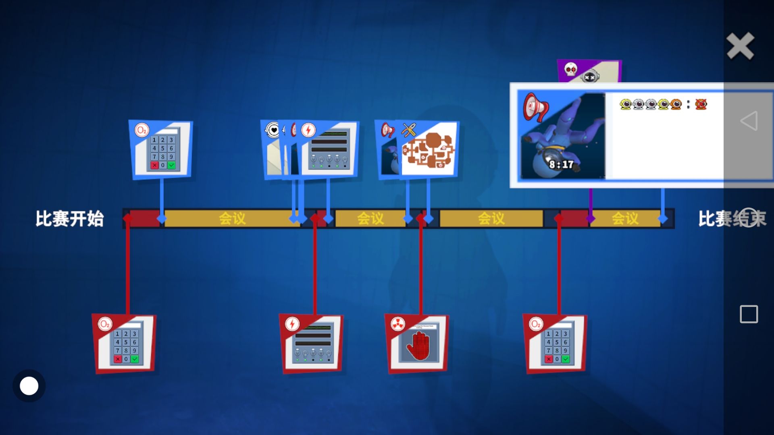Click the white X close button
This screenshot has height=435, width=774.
pyautogui.click(x=740, y=46)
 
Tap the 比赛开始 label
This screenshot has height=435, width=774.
pyautogui.click(x=70, y=219)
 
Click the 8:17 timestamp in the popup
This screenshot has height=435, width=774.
pyautogui.click(x=561, y=164)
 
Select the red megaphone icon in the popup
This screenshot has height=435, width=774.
pyautogui.click(x=535, y=107)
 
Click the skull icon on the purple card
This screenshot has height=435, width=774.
pyautogui.click(x=570, y=69)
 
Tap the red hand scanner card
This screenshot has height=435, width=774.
pyautogui.click(x=418, y=344)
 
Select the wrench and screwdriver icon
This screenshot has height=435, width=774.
pyautogui.click(x=409, y=130)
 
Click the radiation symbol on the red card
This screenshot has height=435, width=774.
pyautogui.click(x=397, y=324)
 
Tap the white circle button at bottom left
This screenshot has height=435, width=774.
pyautogui.click(x=29, y=386)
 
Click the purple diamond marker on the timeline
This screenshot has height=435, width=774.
pyautogui.click(x=591, y=219)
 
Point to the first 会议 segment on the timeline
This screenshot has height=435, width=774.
pyautogui.click(x=232, y=219)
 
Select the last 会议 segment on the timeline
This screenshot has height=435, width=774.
pyautogui.click(x=624, y=219)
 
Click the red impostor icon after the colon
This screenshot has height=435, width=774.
pyautogui.click(x=701, y=104)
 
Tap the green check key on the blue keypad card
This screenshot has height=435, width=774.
pyautogui.click(x=171, y=165)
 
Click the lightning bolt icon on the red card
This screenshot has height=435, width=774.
pyautogui.click(x=292, y=324)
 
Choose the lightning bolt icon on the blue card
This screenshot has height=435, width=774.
pyautogui.click(x=308, y=130)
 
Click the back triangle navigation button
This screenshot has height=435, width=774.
pyautogui.click(x=749, y=120)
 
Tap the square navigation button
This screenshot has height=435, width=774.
pyautogui.click(x=749, y=314)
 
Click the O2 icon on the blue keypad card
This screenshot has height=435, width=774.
pyautogui.click(x=141, y=130)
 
